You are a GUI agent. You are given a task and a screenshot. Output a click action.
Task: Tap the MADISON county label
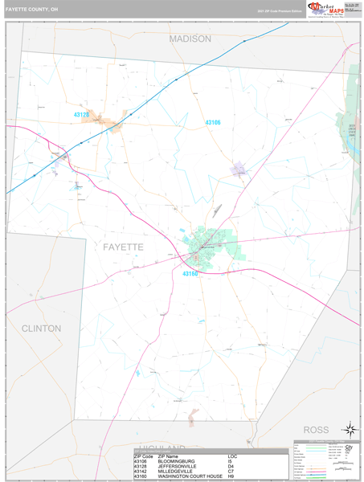pos(190,39)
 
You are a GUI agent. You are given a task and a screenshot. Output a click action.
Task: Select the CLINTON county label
pos(41,329)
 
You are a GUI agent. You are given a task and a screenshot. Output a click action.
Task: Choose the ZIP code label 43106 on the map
pos(212,122)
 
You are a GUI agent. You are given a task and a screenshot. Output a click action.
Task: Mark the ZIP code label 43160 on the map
pos(190,274)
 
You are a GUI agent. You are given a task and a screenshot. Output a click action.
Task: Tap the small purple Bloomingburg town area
pos(239,170)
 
